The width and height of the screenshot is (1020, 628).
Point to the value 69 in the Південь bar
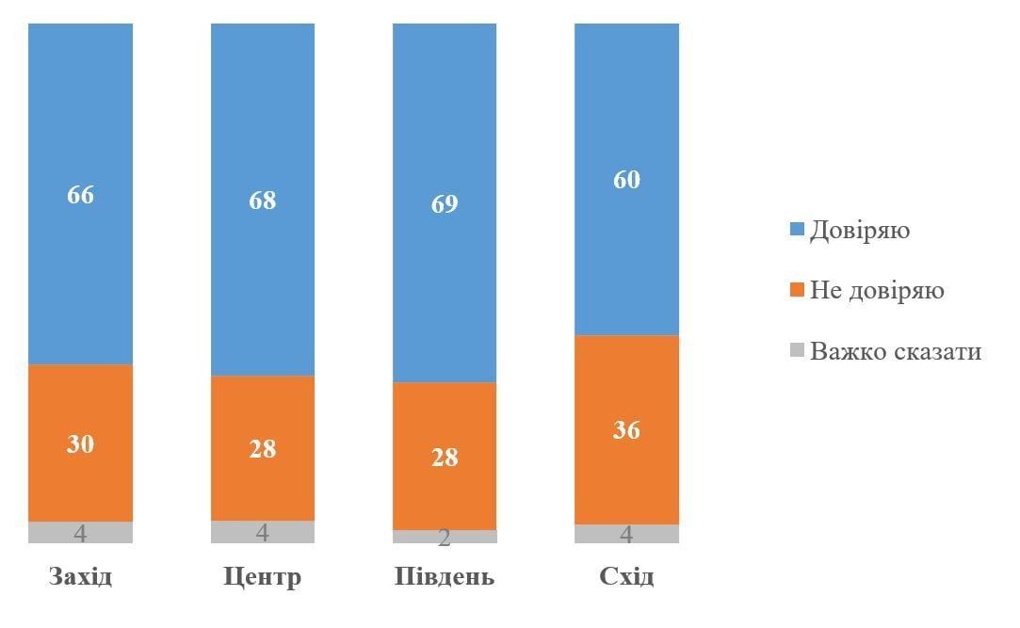click(x=445, y=204)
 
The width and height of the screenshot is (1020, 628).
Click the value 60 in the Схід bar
click(x=626, y=179)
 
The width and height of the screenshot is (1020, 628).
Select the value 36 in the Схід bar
click(x=626, y=430)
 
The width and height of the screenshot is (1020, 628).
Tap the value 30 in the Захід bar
click(x=80, y=443)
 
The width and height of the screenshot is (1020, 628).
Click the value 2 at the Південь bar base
click(x=445, y=539)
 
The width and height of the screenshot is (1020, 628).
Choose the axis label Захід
click(x=80, y=576)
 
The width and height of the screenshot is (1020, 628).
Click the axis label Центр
click(x=262, y=576)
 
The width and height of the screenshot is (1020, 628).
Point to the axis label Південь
click(x=445, y=576)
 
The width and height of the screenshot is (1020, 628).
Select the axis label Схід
click(x=626, y=576)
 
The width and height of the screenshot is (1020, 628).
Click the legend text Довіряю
click(x=860, y=230)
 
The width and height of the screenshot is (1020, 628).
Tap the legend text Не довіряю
click(x=877, y=290)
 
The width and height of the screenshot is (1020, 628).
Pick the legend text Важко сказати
click(x=896, y=351)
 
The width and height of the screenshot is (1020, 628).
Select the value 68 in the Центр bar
click(x=262, y=201)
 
